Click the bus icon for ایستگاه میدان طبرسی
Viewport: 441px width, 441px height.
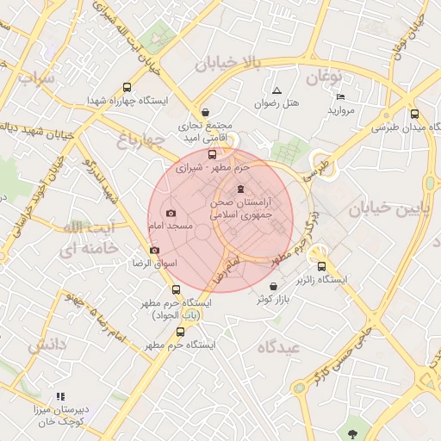[414, 114]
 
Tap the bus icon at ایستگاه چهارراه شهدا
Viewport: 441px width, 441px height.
[127, 88]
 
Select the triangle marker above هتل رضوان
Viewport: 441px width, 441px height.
[276, 90]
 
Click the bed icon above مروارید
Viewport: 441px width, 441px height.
[340, 96]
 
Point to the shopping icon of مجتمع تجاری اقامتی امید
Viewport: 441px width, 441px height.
[205, 112]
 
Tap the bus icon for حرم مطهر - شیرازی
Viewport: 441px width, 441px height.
[213, 154]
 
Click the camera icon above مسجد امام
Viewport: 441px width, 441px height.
[171, 212]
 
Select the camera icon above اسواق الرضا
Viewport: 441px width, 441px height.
[154, 251]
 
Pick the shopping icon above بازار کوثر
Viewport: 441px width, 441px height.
[273, 286]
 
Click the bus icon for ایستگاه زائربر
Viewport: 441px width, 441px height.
[321, 266]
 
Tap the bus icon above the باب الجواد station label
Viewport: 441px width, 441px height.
[177, 290]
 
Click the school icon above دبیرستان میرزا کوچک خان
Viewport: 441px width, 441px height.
[59, 396]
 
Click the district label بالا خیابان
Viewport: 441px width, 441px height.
[227, 63]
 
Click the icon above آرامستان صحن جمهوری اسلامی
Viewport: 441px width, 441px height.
[239, 189]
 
